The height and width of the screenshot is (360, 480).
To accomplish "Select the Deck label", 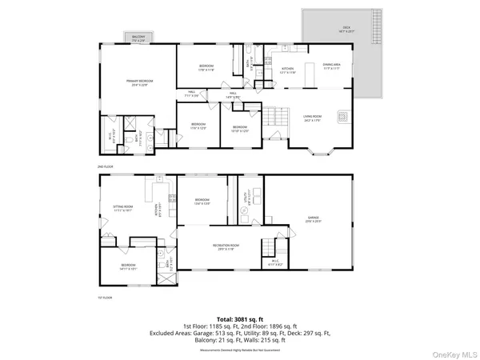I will pos(346,28).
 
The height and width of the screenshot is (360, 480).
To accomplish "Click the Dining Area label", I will pos(332,66).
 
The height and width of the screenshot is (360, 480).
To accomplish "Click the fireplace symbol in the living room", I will pos(342,116).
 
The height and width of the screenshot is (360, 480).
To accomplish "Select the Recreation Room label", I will pos(226,246).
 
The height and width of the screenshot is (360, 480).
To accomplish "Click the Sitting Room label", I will pos(122,210).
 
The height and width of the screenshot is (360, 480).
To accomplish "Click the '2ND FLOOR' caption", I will pos(105,166).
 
